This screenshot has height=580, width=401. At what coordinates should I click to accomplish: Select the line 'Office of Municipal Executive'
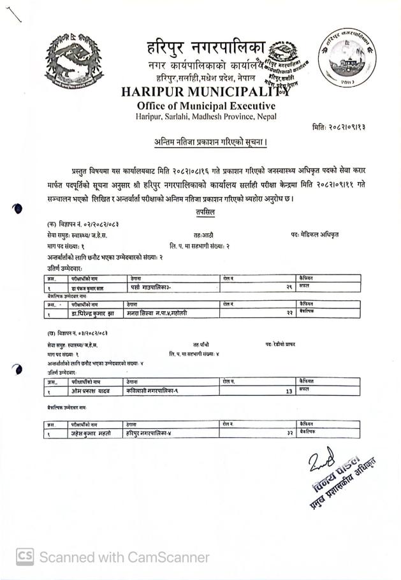pos(206,106)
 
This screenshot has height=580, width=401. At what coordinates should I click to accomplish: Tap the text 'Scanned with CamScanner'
pos(124,557)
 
